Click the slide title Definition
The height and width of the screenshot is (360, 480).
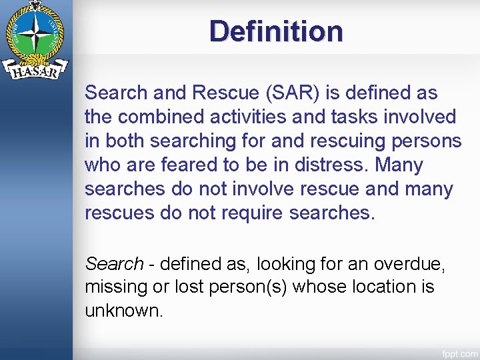tap(276, 31)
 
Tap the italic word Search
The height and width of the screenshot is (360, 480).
tap(114, 264)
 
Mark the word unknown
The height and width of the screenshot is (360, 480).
tap(123, 311)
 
